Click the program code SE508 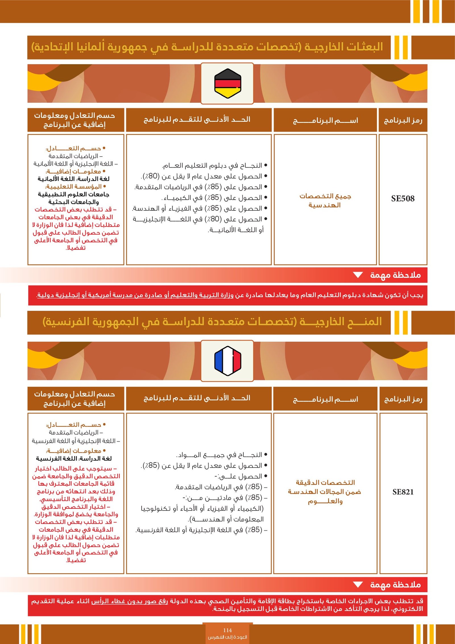403,199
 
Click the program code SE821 403,492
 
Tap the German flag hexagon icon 227,83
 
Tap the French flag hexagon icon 227,361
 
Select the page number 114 227,630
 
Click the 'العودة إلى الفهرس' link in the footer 227,637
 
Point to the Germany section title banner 208,47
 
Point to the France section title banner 212,322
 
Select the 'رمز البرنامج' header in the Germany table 403,120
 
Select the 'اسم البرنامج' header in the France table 325,399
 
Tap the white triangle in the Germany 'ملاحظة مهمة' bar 358,275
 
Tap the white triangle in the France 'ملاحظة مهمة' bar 358,585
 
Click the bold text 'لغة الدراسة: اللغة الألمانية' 74,179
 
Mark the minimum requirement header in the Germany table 197,119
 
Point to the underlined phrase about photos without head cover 129,601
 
